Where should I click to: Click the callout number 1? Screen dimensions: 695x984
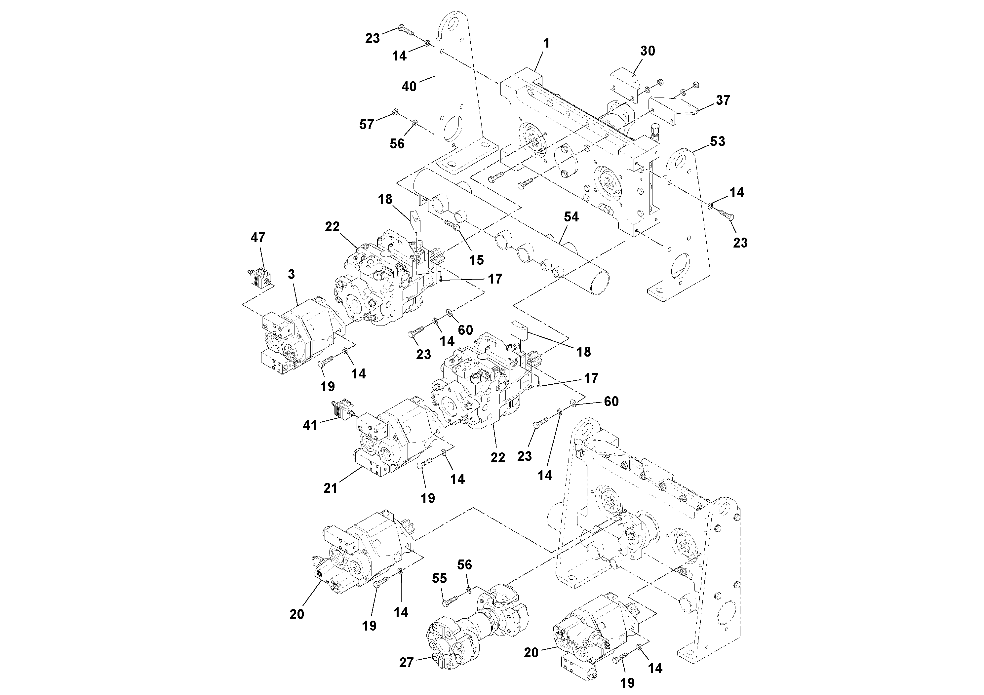(x=546, y=43)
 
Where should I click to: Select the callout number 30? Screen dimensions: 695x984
(x=647, y=51)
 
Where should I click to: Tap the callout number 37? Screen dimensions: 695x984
(x=723, y=100)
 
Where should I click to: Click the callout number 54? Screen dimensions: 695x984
(x=571, y=217)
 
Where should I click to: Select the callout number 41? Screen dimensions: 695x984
(x=309, y=425)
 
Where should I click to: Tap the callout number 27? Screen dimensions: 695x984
(x=406, y=662)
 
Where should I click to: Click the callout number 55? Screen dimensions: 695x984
(x=439, y=578)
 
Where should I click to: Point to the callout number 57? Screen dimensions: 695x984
(x=367, y=125)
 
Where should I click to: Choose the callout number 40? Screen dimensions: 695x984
(x=409, y=87)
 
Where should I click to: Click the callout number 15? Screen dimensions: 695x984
(x=476, y=260)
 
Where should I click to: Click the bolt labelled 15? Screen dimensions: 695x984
(x=453, y=224)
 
